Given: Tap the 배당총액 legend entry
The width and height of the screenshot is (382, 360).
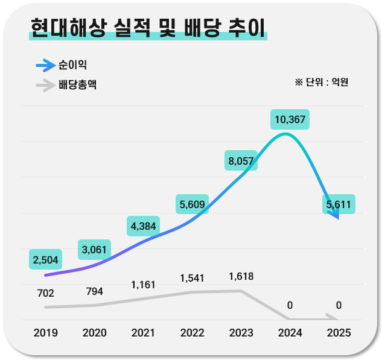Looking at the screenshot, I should [x=77, y=85].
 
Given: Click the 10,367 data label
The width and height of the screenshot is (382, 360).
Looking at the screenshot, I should [x=290, y=119].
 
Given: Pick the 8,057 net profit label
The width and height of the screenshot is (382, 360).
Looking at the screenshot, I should [x=241, y=160].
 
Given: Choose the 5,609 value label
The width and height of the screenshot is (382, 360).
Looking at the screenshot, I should [x=193, y=205].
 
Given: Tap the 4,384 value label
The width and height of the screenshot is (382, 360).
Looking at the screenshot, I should [x=144, y=226].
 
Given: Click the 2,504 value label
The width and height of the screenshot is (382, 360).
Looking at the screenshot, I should [x=45, y=260].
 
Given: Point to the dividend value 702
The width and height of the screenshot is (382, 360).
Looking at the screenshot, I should [x=45, y=294].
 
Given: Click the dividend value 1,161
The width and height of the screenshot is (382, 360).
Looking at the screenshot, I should [x=144, y=284].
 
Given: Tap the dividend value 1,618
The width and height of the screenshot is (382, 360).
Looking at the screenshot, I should [x=241, y=277].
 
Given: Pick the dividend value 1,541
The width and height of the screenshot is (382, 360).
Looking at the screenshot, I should [x=193, y=278].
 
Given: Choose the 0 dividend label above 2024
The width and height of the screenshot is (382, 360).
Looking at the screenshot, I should [x=290, y=305].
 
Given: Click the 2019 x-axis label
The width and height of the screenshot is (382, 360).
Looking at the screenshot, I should [x=45, y=333].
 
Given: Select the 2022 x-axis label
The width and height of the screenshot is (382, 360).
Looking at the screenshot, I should [x=193, y=333].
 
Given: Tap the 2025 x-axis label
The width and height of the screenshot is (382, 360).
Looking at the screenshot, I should [x=338, y=333].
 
